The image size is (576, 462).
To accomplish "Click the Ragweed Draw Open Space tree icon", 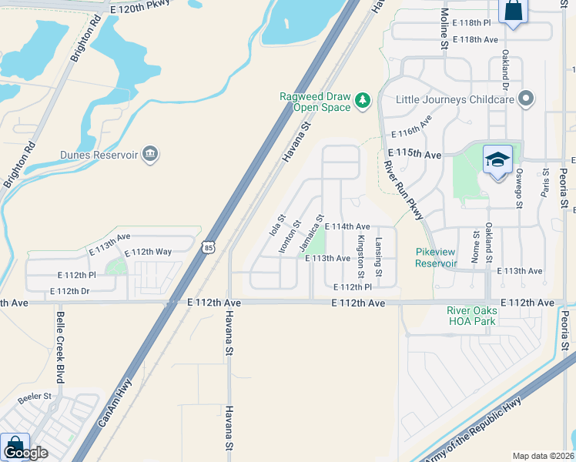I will tap(362, 100).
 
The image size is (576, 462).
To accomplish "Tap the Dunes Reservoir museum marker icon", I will tap(151, 155).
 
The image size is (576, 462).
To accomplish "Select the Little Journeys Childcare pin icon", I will tap(527, 99).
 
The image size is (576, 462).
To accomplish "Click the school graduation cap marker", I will tap(497, 160).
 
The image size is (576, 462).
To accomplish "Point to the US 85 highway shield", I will tap(208, 246).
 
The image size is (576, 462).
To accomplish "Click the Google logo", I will tap(27, 453).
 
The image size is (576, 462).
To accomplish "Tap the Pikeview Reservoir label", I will tap(437, 257).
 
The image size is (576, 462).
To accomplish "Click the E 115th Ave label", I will tap(415, 155).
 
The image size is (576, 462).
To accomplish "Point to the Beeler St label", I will tap(36, 397).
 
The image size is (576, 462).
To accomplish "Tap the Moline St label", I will tap(444, 30).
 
